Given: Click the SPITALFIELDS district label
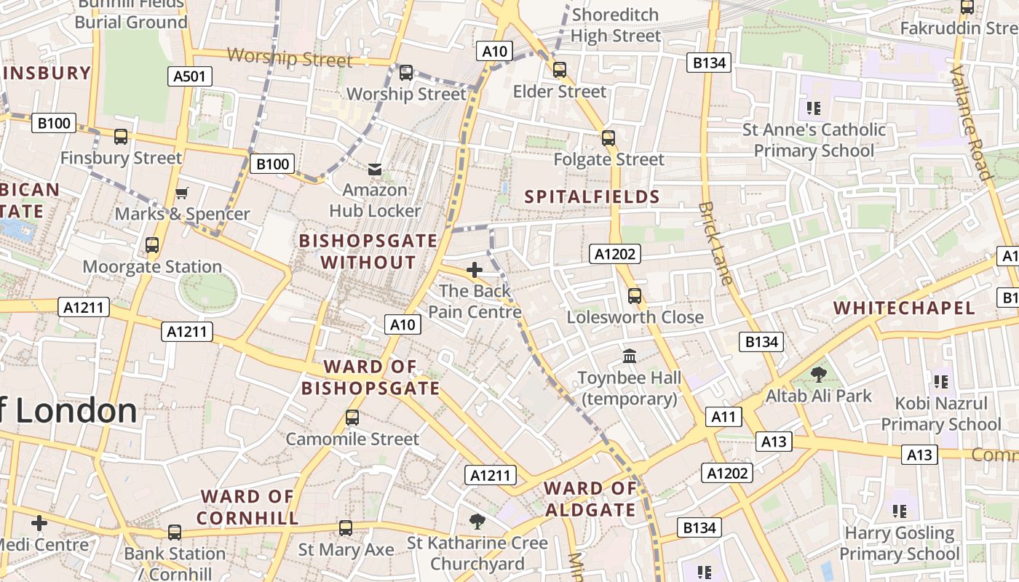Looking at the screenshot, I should click(x=592, y=196).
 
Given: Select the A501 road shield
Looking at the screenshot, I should click(x=190, y=76).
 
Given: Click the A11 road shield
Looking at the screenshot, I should click(x=723, y=417).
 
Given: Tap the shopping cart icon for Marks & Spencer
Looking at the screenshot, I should click(x=182, y=193).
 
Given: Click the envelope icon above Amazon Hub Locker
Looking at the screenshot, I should click(x=375, y=170).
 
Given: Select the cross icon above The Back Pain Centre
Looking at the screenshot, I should click(x=475, y=271).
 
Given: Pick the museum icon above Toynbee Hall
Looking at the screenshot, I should click(x=630, y=356).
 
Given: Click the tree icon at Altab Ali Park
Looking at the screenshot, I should click(x=819, y=375).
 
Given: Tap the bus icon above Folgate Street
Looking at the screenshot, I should click(x=608, y=137).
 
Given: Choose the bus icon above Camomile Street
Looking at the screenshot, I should click(x=352, y=418).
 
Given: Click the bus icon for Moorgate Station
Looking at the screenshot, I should click(x=152, y=245).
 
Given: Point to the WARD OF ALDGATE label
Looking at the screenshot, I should click(x=590, y=499).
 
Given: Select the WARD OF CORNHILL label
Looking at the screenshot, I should click(x=247, y=507).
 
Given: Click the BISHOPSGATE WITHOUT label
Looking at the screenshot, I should click(x=368, y=251).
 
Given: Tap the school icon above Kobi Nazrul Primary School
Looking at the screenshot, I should click(x=940, y=381).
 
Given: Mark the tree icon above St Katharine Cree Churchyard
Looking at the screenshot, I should click(x=477, y=521).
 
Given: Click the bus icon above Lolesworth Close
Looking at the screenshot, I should click(x=635, y=296).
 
